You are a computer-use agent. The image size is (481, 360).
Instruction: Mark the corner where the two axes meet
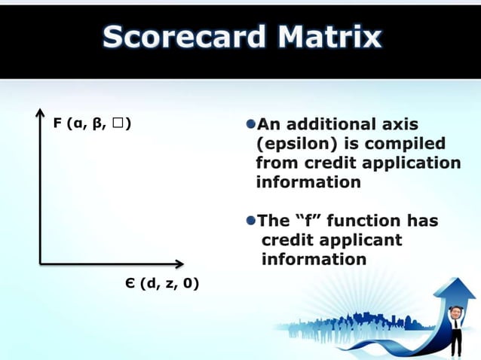pyautogui.click(x=40, y=264)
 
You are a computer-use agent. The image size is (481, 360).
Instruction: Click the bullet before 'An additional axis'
pyautogui.click(x=251, y=124)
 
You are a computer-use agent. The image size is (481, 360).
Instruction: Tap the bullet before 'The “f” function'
pyautogui.click(x=251, y=221)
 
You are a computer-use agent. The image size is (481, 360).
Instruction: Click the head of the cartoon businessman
pyautogui.click(x=455, y=312)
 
